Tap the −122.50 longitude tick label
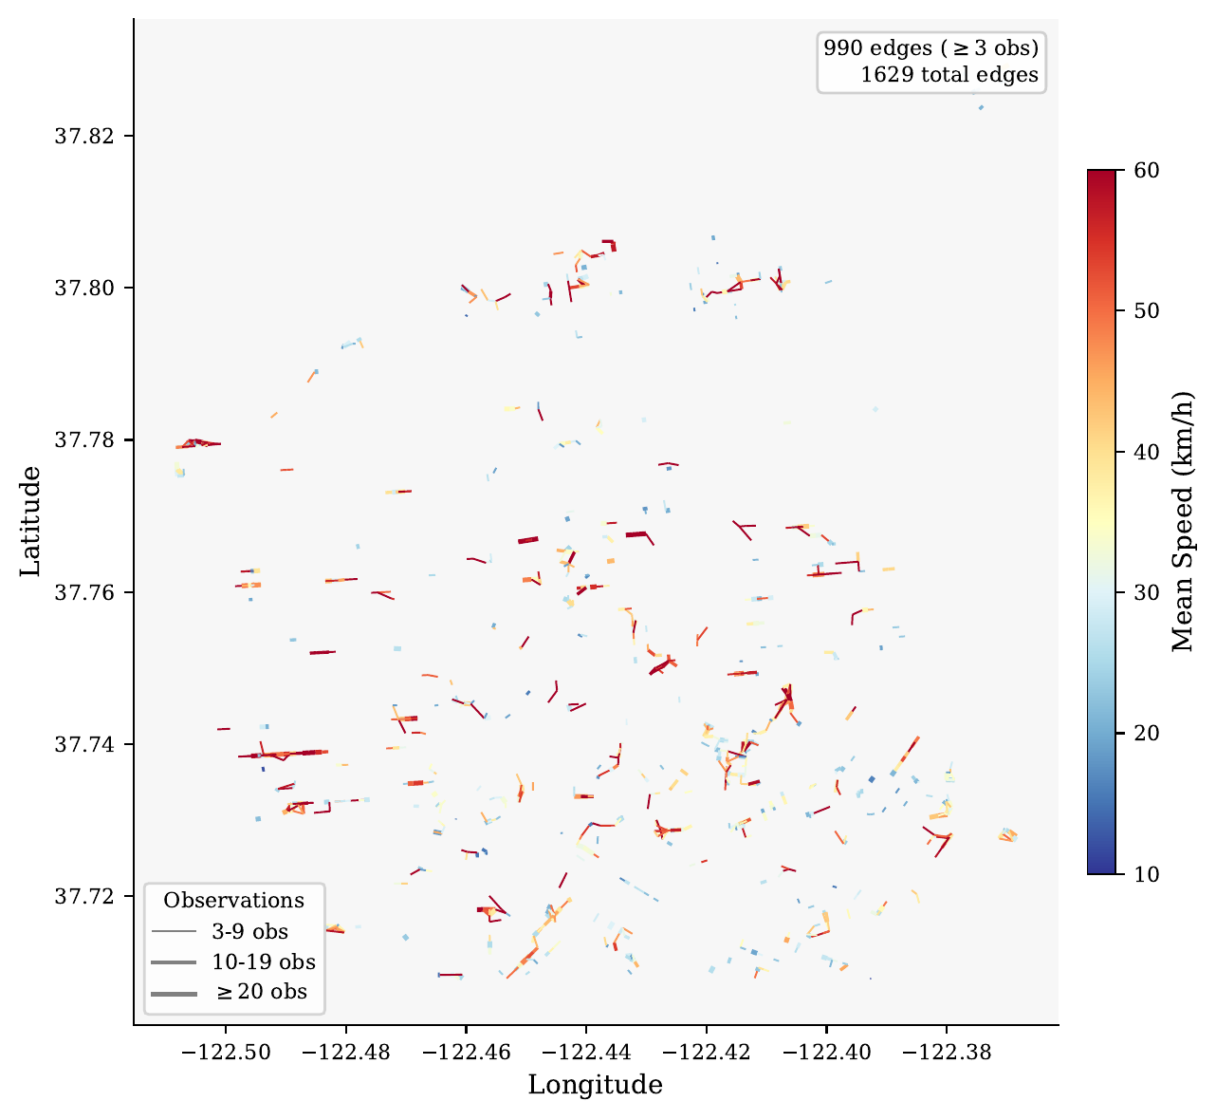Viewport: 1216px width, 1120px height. tap(226, 1052)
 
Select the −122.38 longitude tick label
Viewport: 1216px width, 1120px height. tap(946, 1052)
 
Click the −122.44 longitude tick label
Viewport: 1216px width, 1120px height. tap(585, 1052)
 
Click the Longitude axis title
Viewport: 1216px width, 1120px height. tap(596, 1085)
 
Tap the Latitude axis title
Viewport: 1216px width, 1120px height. tap(31, 521)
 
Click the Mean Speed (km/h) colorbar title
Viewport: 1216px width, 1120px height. tap(1182, 521)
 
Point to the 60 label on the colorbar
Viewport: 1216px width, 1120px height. tap(1146, 170)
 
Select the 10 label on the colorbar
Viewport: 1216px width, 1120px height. tap(1146, 873)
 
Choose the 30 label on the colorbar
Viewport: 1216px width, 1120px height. tap(1146, 592)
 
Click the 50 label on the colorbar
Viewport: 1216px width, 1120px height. tap(1146, 311)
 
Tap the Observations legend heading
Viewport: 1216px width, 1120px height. tap(233, 901)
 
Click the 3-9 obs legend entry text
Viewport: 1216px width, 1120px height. tap(249, 931)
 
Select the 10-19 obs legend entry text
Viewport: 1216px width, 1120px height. tap(264, 961)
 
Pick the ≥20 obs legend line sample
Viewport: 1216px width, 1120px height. tap(173, 993)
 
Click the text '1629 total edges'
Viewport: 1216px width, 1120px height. tap(949, 75)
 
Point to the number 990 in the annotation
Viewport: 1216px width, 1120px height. tap(841, 48)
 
